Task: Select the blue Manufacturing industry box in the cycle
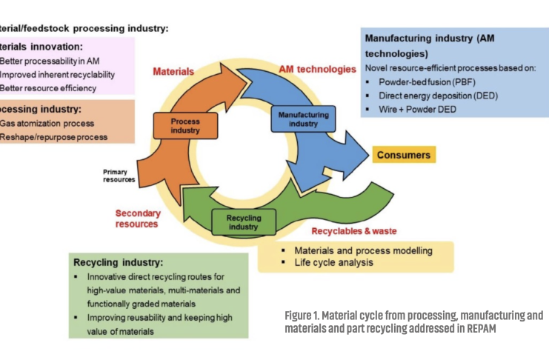tap(305, 119)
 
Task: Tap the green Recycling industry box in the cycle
tap(244, 221)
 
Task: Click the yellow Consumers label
tap(403, 155)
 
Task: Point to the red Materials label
tap(173, 72)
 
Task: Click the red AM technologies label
tap(317, 69)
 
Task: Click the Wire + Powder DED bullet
tap(420, 109)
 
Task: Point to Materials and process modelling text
tap(363, 250)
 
